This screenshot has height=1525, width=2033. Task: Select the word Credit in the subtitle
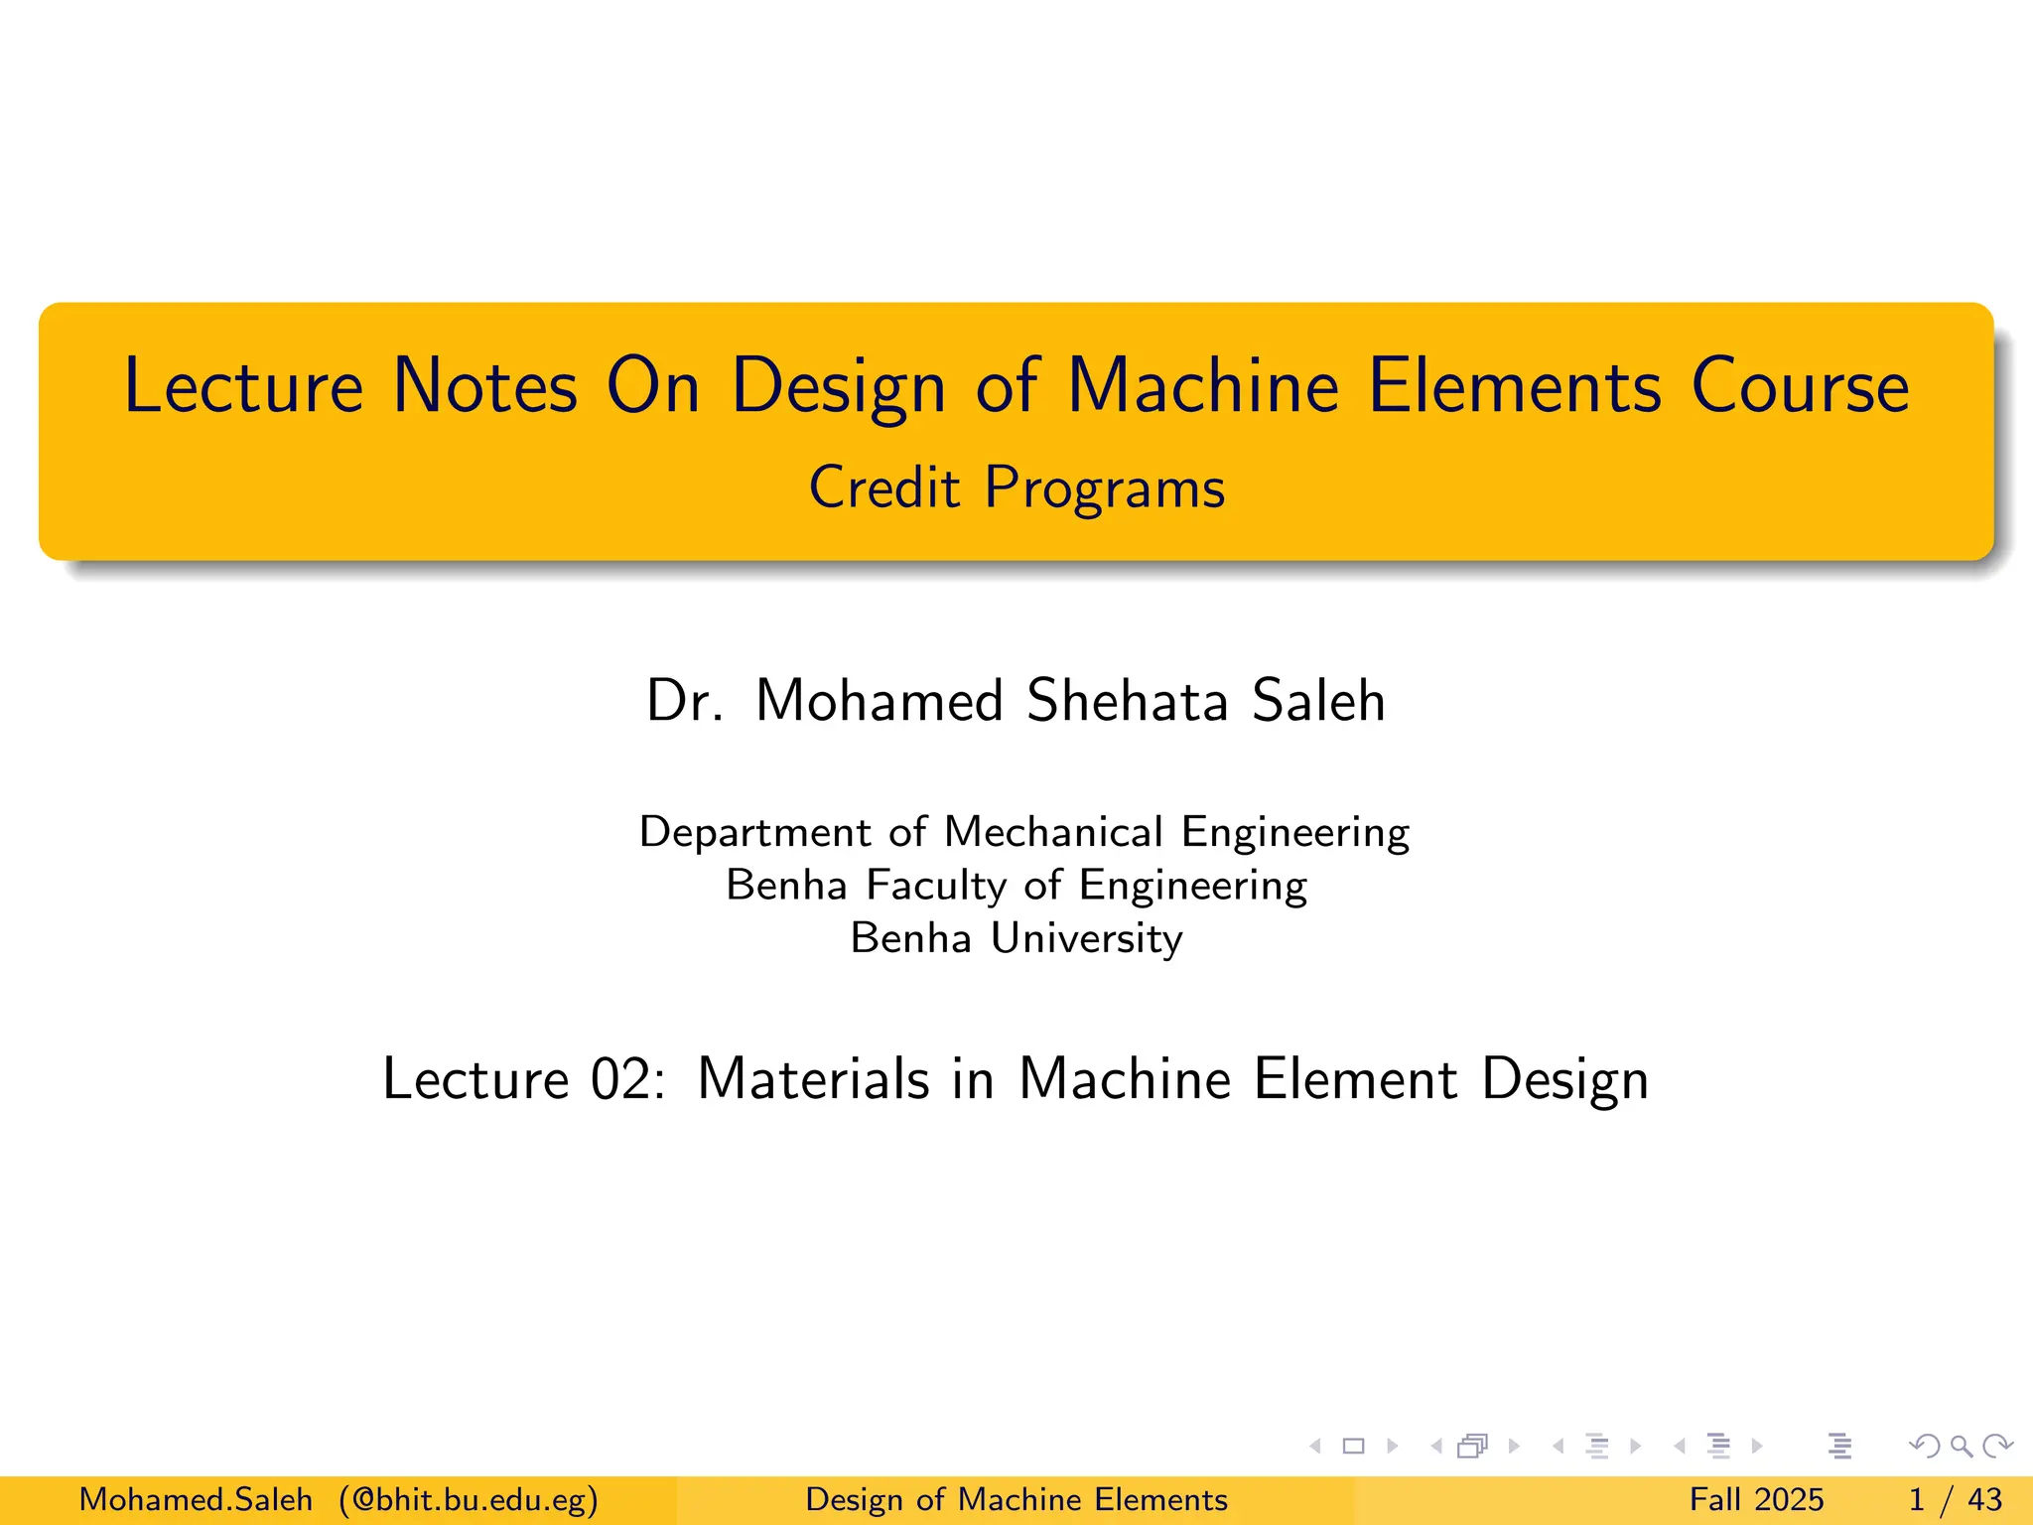[884, 487]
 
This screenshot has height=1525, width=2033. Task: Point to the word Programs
[1105, 489]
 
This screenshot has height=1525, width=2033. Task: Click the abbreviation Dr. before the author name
[684, 701]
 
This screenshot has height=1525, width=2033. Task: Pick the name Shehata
[1128, 701]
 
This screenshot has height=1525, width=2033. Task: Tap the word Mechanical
[1053, 832]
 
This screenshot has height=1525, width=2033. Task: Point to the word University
[1087, 938]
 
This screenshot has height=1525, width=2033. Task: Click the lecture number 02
[624, 1079]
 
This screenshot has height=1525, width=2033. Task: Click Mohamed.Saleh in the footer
[196, 1499]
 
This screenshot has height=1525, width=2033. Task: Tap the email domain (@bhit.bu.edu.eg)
[469, 1499]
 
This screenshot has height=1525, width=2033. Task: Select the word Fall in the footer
[1715, 1499]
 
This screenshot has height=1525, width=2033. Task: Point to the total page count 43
[1984, 1499]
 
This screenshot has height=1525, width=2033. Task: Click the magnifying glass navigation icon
[1961, 1446]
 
